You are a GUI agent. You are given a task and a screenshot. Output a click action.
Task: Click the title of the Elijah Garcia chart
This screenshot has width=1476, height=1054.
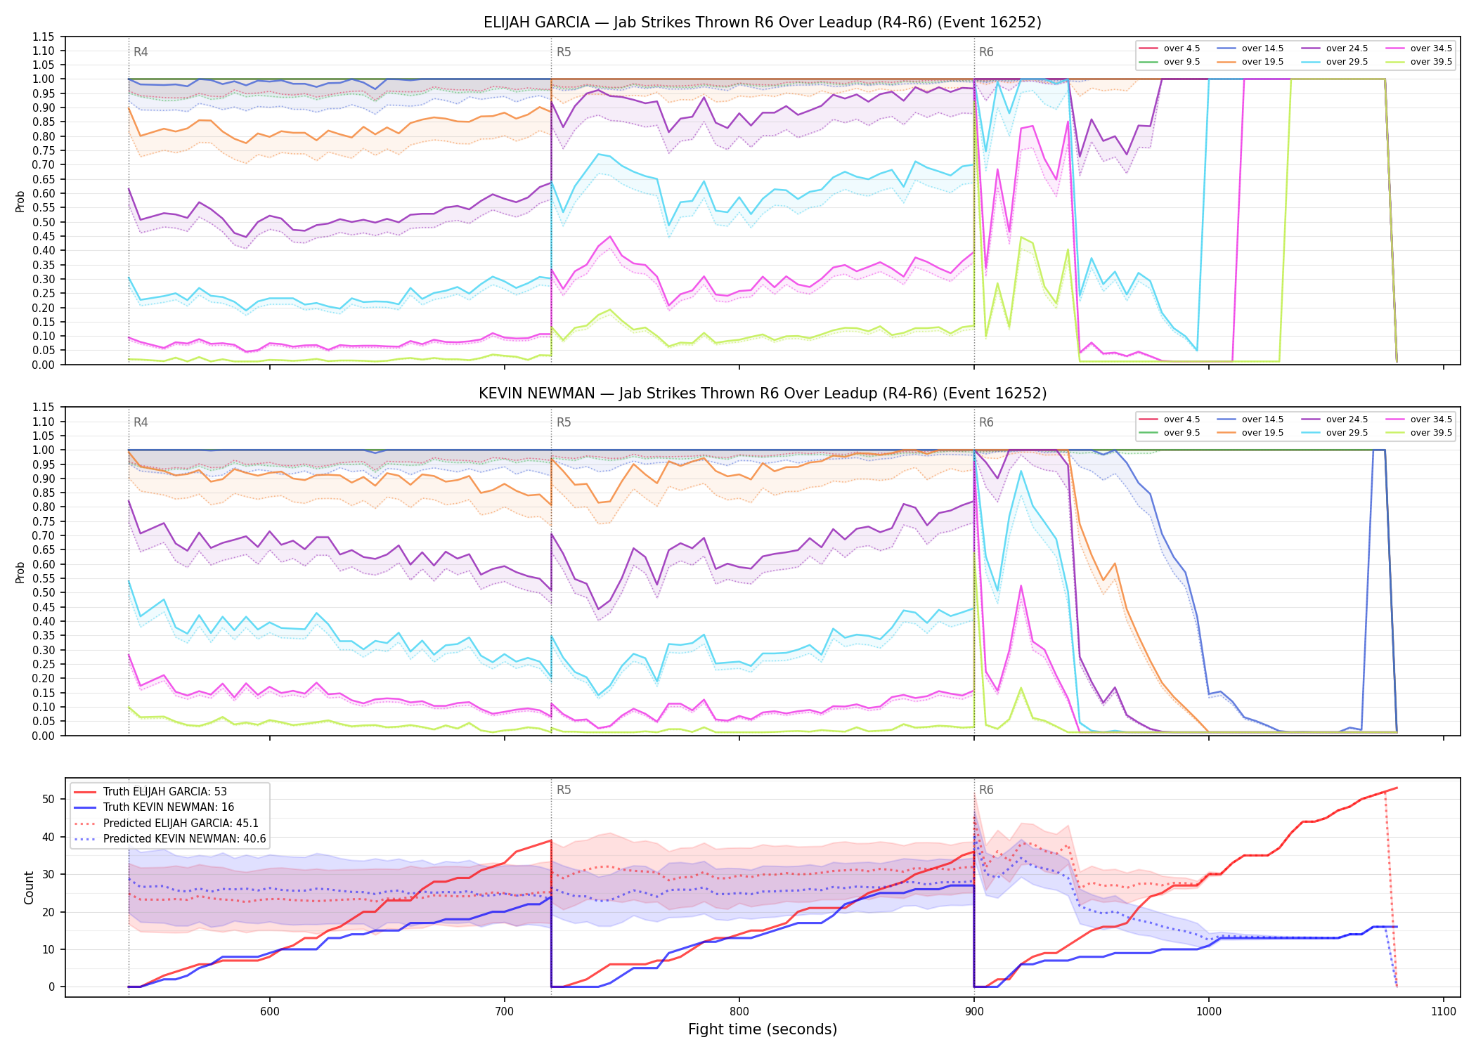(763, 22)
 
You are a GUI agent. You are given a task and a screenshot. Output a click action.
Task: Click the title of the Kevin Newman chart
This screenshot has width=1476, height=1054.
(763, 393)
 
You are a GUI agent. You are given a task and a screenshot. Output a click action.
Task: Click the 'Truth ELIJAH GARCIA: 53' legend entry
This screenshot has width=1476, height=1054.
(164, 791)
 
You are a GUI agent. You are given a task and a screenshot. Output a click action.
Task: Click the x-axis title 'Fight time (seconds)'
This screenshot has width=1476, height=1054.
(763, 1029)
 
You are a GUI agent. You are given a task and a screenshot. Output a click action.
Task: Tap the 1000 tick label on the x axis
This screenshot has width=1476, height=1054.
(1209, 1011)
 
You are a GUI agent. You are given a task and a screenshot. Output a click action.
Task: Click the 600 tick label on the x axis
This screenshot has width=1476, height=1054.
(270, 1011)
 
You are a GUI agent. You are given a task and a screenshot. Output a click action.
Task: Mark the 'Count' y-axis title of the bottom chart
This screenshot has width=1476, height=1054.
(29, 887)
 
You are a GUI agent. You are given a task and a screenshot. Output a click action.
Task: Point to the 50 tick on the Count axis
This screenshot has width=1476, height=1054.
(48, 799)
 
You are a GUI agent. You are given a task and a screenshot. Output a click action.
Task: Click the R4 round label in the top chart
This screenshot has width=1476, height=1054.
(141, 52)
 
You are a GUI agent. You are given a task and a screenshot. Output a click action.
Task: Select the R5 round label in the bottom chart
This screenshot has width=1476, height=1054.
(564, 790)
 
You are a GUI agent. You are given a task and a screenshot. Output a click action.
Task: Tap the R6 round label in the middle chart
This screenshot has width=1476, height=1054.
(986, 422)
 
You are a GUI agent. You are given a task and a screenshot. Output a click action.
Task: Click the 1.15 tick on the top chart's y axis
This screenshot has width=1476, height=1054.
(44, 37)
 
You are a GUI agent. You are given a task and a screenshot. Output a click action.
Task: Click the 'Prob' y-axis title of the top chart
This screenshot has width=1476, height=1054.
(20, 201)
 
